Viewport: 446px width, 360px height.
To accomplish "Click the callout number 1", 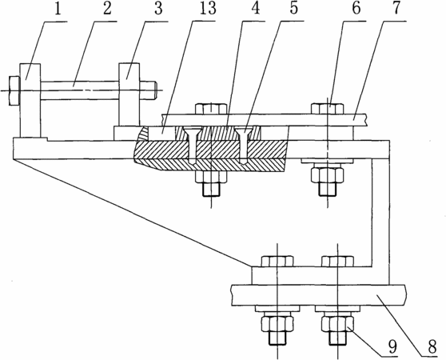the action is [58, 10].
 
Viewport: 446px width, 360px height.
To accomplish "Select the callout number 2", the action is [106, 9].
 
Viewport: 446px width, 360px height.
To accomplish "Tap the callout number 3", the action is [158, 9].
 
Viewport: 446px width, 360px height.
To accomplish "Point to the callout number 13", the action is [206, 9].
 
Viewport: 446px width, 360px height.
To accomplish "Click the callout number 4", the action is [256, 9].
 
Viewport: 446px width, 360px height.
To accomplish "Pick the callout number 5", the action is [293, 9].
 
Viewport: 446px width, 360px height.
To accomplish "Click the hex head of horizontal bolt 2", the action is [14, 90].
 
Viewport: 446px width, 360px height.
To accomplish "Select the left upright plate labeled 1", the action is [30, 100].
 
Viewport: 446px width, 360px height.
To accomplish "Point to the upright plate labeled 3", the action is [129, 94].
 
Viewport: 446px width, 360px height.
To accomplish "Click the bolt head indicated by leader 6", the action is [328, 109].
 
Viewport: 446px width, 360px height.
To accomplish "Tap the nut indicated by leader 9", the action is [337, 324].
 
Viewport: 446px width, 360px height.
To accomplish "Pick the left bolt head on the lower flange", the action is [277, 262].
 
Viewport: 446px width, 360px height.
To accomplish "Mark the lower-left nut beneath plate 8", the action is [277, 324].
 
